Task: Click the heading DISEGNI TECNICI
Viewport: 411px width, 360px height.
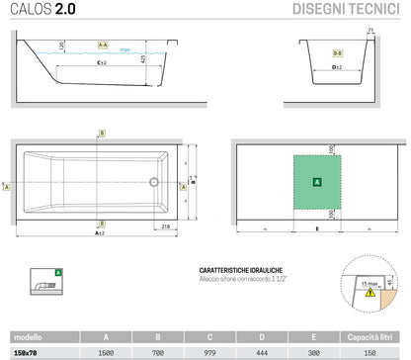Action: [346, 11]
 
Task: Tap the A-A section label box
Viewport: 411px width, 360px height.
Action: [102, 45]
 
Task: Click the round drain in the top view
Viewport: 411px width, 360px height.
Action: [152, 182]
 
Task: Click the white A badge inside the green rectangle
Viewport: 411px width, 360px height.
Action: [316, 183]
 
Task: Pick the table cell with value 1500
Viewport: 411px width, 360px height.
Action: [106, 351]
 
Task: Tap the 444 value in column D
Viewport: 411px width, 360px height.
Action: [263, 351]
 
